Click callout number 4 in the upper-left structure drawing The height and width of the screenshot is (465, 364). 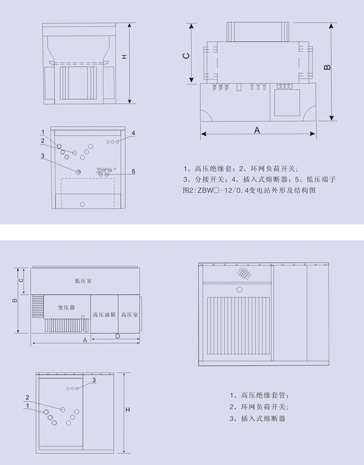point(133,133)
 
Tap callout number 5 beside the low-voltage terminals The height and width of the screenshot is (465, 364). point(133,171)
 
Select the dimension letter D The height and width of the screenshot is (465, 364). point(117,336)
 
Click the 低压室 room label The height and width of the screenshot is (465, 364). point(83,280)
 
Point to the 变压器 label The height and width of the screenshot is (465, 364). point(66,307)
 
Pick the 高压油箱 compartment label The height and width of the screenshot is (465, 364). point(104,315)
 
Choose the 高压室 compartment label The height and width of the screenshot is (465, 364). point(130,315)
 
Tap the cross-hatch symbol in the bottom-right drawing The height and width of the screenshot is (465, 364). point(245,274)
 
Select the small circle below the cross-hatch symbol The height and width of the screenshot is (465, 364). point(239,289)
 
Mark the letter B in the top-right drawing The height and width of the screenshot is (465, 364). point(327,67)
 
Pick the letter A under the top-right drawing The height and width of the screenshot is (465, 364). point(257,130)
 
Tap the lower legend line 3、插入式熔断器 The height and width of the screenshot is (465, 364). point(257,418)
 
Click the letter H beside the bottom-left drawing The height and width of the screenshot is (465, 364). point(128,410)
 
